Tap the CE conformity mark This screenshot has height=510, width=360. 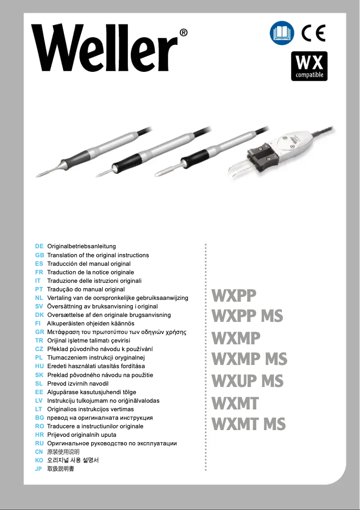pyautogui.click(x=313, y=34)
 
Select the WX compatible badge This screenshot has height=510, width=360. pyautogui.click(x=309, y=66)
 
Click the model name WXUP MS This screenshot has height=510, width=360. pyautogui.click(x=247, y=381)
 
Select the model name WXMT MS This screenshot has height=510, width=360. pyautogui.click(x=248, y=424)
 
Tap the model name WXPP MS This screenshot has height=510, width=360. pyautogui.click(x=247, y=316)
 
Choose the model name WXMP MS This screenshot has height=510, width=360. pyautogui.click(x=249, y=359)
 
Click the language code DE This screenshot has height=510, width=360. pyautogui.click(x=39, y=246)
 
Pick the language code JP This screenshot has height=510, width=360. pyautogui.click(x=39, y=469)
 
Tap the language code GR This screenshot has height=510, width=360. pyautogui.click(x=39, y=332)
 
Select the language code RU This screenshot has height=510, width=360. pyautogui.click(x=39, y=444)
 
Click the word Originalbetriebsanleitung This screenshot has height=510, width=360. pyautogui.click(x=82, y=246)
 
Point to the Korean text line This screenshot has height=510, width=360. pyautogui.click(x=73, y=461)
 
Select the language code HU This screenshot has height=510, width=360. pyautogui.click(x=39, y=366)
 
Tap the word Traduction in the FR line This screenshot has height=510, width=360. pyautogui.click(x=61, y=272)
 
